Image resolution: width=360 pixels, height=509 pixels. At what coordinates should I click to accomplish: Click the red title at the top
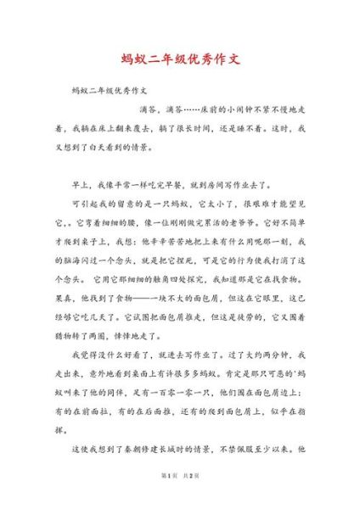[x=179, y=60]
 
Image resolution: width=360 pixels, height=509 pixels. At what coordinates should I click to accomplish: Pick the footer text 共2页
[x=193, y=500]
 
